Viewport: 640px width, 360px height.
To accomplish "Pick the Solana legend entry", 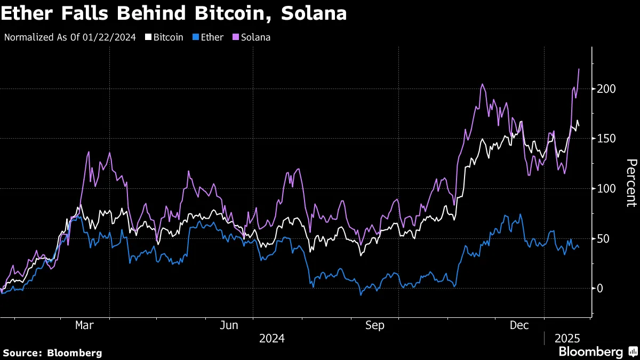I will (x=255, y=38).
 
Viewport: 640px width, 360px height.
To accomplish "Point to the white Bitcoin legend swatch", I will (x=148, y=38).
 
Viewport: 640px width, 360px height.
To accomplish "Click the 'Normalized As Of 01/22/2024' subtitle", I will (x=70, y=38).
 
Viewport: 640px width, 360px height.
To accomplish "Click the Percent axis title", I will (x=631, y=182).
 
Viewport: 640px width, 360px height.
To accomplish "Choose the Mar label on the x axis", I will (x=85, y=325).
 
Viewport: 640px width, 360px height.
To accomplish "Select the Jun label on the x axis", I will (x=229, y=325).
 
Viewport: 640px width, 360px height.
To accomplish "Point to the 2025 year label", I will (x=567, y=338).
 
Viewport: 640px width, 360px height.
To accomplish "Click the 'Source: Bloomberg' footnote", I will (x=52, y=353).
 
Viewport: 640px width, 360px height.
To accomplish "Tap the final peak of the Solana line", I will (x=579, y=69).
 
